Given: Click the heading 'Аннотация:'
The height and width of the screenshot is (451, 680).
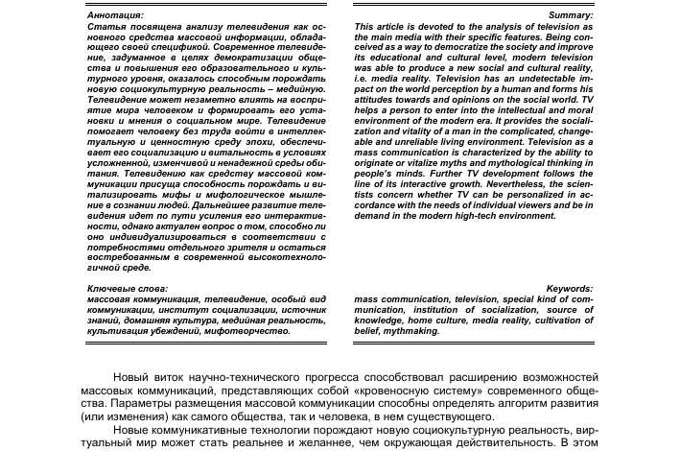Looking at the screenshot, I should (115, 16).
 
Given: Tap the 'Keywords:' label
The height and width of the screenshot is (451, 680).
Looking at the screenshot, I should (569, 289).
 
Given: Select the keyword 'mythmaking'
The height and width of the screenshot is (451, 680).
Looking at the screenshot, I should (414, 331).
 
